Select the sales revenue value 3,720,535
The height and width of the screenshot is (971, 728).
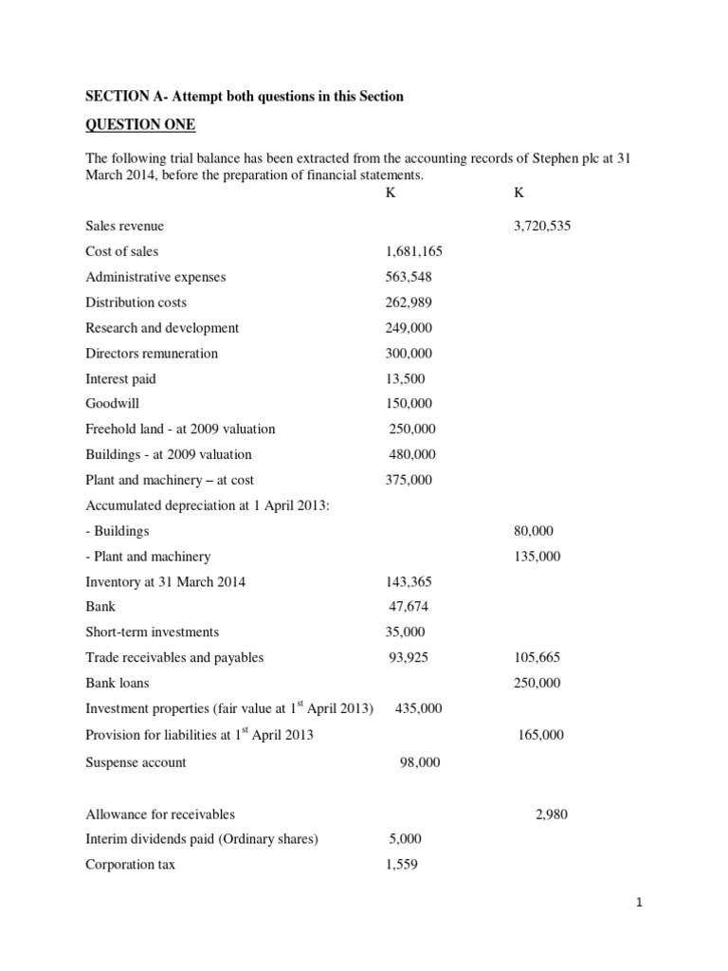point(542,227)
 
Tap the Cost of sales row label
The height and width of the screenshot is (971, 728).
point(122,251)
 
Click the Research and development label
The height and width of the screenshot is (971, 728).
point(162,328)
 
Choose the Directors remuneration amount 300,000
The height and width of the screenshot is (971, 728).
point(409,353)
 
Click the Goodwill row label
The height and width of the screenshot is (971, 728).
point(112,404)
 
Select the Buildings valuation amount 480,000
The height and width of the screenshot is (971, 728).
point(412,454)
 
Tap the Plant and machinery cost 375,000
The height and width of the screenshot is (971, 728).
point(409,480)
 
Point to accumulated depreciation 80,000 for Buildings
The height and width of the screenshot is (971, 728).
point(534,531)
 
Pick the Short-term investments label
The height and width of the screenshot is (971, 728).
point(152,632)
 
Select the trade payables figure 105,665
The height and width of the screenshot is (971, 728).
point(537,657)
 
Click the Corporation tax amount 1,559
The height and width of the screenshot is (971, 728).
point(402,864)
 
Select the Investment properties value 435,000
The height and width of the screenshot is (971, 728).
point(417,708)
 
